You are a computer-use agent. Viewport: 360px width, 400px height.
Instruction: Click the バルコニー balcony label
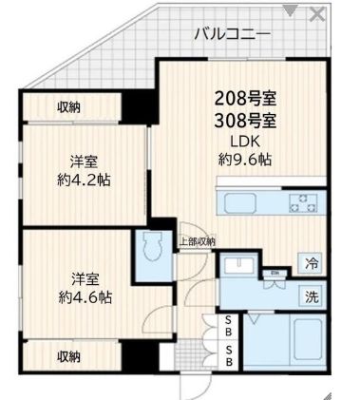pos(233,34)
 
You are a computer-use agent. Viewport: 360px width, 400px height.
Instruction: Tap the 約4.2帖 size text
pos(82,179)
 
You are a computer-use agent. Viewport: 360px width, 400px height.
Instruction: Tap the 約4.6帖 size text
pos(82,296)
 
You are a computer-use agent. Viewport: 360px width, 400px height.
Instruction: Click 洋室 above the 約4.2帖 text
pos(82,160)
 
